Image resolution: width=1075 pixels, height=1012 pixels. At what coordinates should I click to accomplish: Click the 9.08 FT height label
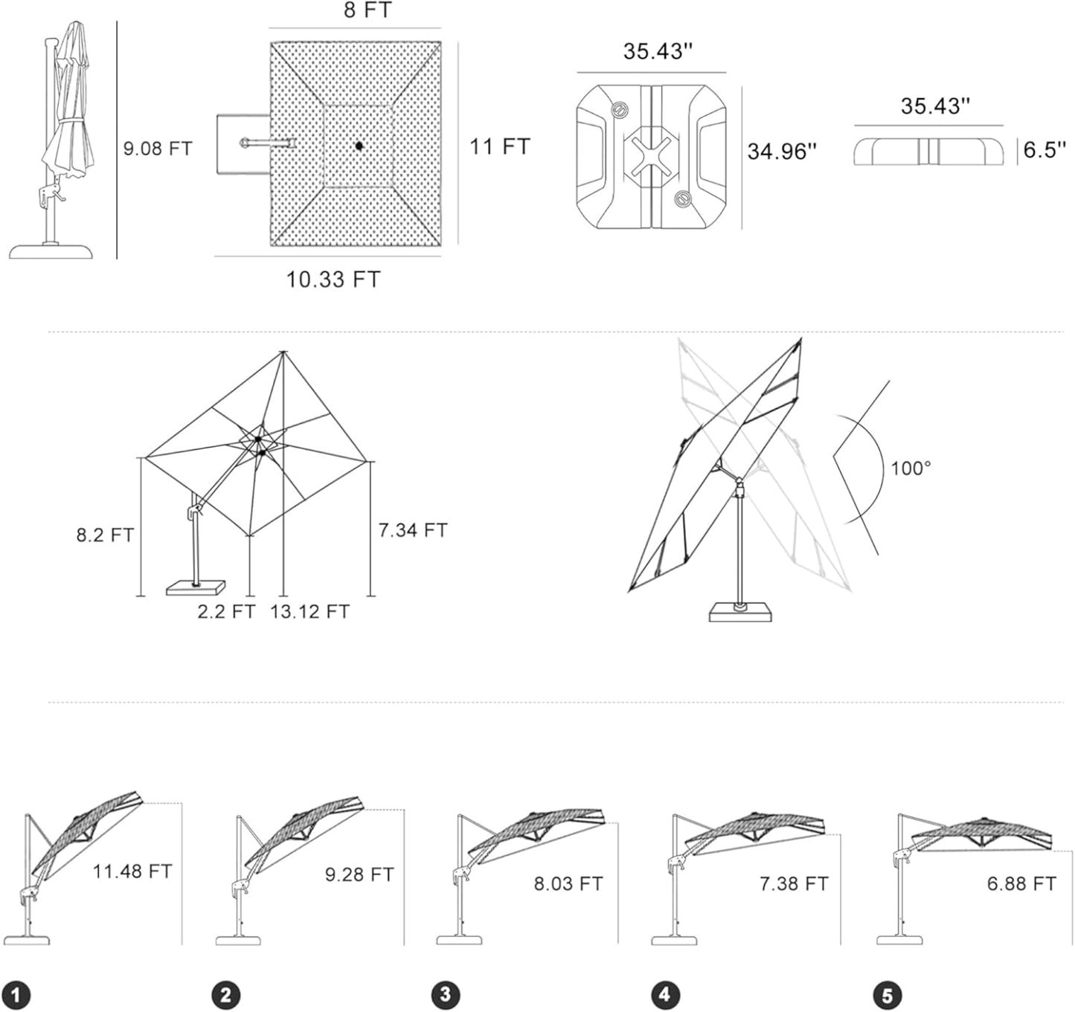click(x=158, y=148)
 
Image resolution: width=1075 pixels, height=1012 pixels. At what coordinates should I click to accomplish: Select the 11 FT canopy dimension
click(x=499, y=146)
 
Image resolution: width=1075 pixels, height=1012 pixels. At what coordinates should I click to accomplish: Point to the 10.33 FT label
click(x=333, y=280)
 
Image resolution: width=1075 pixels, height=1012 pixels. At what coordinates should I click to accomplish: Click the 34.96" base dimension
click(x=782, y=151)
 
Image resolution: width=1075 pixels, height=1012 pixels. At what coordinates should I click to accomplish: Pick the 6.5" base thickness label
click(x=1044, y=149)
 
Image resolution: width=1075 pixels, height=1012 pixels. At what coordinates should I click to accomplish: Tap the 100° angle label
click(x=911, y=468)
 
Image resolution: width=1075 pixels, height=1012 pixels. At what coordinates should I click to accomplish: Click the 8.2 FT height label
click(x=105, y=535)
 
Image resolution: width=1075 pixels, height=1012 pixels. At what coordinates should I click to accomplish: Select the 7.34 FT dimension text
click(x=413, y=530)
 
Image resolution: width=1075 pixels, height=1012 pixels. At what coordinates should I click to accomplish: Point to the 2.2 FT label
click(x=226, y=611)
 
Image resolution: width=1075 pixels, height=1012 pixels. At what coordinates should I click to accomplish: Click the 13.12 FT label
click(x=309, y=611)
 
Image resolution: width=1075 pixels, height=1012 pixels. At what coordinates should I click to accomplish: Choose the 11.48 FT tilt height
click(x=132, y=871)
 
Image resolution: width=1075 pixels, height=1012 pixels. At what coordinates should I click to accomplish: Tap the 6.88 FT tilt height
click(x=1021, y=883)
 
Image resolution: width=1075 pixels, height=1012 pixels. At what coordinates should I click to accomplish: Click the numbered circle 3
click(x=445, y=994)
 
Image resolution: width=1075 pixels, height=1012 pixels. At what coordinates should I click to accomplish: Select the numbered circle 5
click(x=887, y=994)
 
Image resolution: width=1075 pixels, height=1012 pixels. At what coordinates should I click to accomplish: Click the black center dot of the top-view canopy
click(x=358, y=145)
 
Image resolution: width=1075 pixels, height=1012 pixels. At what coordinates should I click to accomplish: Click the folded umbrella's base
click(x=52, y=251)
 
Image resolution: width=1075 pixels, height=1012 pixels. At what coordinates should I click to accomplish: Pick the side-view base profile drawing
click(x=928, y=152)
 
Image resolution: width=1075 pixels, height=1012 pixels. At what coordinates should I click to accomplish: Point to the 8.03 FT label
click(x=568, y=883)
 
